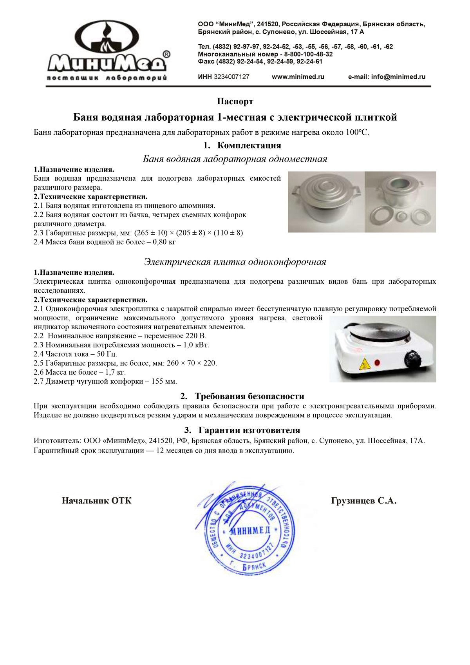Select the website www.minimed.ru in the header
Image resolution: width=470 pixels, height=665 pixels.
(x=298, y=77)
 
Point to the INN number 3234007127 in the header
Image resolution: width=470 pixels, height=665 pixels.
(x=231, y=77)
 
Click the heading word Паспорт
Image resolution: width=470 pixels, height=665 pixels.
(x=235, y=101)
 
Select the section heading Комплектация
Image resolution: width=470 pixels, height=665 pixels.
(x=249, y=145)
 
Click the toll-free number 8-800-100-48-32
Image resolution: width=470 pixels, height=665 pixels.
(x=308, y=54)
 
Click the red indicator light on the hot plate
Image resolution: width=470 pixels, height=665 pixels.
(x=378, y=362)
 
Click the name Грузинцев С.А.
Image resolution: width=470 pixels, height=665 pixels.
(x=363, y=501)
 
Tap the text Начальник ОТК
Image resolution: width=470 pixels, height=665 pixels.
(x=97, y=501)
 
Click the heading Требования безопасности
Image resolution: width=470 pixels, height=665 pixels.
(x=249, y=396)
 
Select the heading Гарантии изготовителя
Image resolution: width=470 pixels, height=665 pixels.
(x=249, y=430)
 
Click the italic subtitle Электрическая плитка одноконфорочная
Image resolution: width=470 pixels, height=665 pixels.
(x=235, y=262)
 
